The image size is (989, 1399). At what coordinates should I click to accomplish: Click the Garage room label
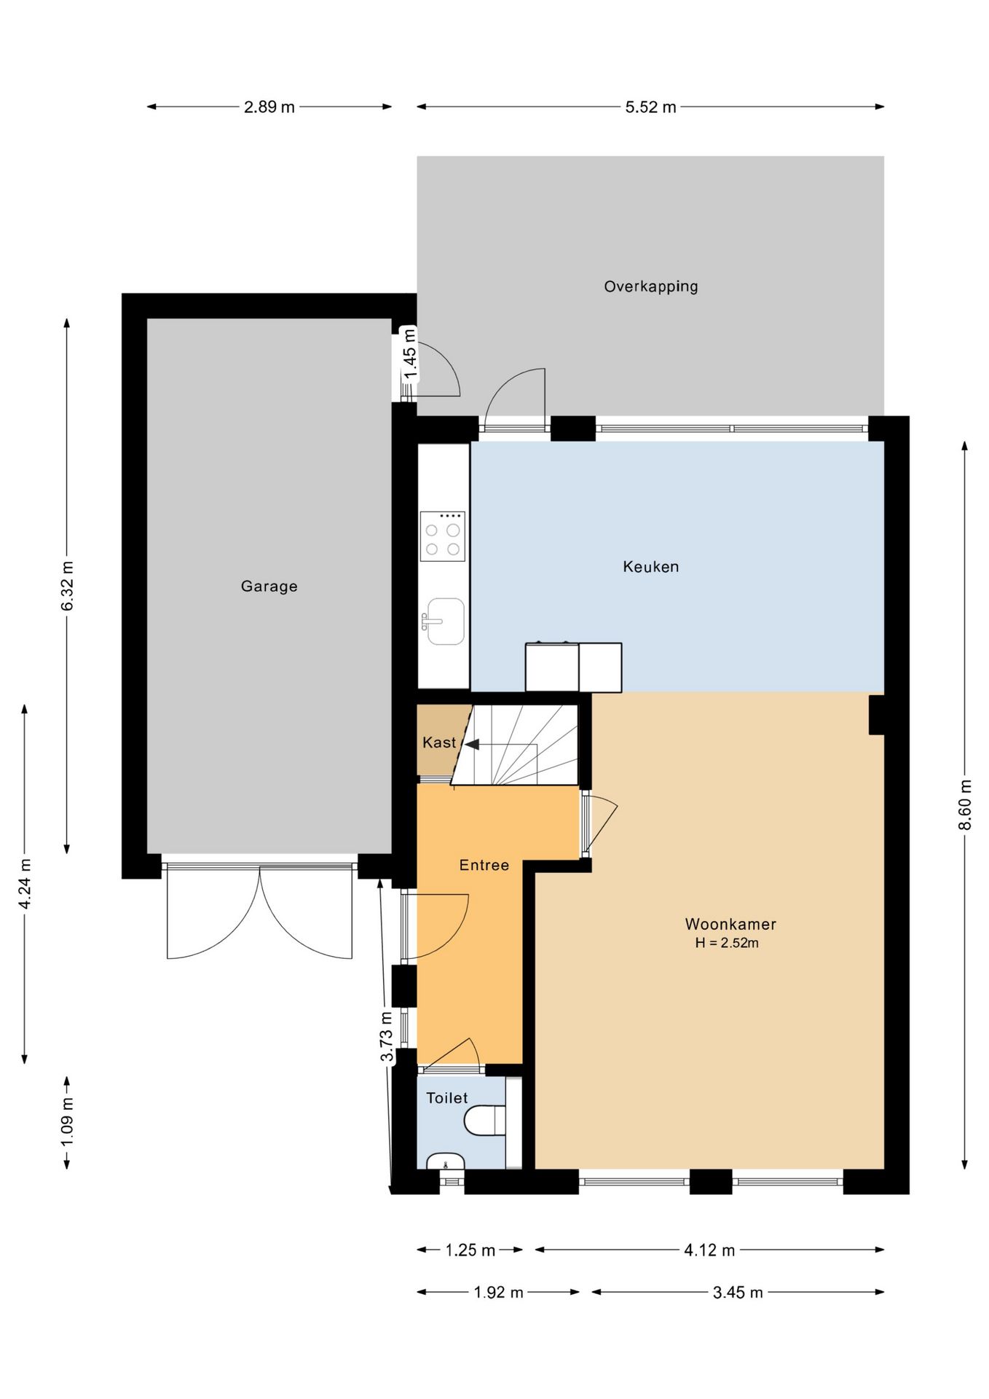(269, 586)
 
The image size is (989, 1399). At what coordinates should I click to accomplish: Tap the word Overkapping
(650, 286)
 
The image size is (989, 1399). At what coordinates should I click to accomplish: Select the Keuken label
(650, 566)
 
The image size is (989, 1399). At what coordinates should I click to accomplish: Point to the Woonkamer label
(730, 924)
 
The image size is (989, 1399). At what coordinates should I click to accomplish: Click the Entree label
(484, 865)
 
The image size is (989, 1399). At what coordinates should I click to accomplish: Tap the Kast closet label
(439, 742)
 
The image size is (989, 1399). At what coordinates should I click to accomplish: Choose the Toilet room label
(447, 1098)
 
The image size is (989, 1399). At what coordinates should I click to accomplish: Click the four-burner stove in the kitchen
(443, 536)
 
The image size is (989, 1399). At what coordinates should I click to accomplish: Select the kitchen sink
(444, 622)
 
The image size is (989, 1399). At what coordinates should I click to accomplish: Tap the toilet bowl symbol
(485, 1121)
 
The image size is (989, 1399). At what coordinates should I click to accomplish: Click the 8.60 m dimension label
(965, 804)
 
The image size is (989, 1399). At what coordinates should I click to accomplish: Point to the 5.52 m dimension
(650, 107)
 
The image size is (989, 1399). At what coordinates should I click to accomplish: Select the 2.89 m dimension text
(269, 107)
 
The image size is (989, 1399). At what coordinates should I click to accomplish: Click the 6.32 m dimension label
(67, 586)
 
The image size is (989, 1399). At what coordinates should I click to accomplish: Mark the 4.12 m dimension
(709, 1250)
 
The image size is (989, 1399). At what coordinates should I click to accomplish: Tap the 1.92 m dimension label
(499, 1293)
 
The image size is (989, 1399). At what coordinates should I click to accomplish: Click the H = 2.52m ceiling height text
(727, 943)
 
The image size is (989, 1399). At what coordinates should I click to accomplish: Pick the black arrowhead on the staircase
(472, 745)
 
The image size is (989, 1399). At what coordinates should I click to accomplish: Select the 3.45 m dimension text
(738, 1293)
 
